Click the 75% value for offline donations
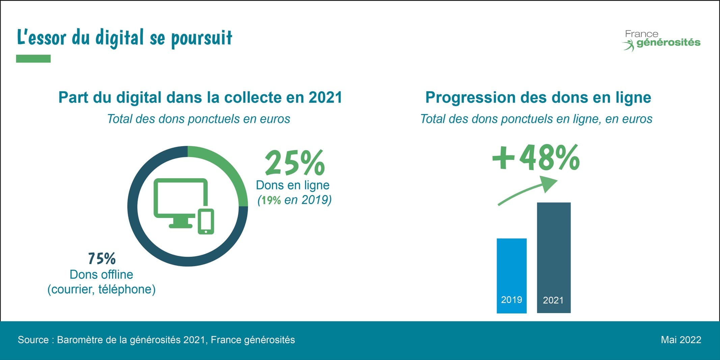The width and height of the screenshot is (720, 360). (x=102, y=259)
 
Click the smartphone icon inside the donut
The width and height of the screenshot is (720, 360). (x=205, y=221)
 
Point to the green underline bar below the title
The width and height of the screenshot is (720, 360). (x=33, y=59)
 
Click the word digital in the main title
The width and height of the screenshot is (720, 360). (x=120, y=37)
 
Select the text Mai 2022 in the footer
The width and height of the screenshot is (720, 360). (x=681, y=340)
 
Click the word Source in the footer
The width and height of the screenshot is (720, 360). (x=33, y=340)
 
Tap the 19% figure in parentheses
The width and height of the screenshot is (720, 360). (x=271, y=200)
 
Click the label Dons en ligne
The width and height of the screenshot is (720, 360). (x=293, y=185)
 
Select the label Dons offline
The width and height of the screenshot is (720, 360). (x=101, y=275)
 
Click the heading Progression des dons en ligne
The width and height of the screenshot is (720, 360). (x=538, y=98)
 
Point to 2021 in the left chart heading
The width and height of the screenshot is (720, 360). (x=325, y=98)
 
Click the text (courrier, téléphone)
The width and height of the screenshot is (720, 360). (x=101, y=289)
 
